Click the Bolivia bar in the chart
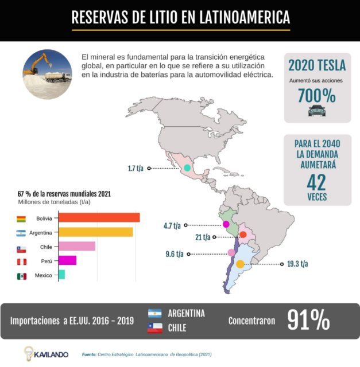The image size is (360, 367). [x=99, y=218]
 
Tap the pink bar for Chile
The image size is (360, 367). [x=77, y=247]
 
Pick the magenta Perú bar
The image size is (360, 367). [x=67, y=261]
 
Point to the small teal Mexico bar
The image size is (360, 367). [x=61, y=275]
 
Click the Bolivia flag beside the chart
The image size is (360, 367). [x=21, y=218]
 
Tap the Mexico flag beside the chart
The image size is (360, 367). [x=21, y=276]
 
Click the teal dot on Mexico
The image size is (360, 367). [x=187, y=167]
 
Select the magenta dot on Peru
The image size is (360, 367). [x=226, y=224]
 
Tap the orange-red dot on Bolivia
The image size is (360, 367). [x=243, y=235]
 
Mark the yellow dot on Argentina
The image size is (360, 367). [x=240, y=264]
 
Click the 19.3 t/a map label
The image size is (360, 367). [x=297, y=264]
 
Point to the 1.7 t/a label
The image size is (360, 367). [x=136, y=169]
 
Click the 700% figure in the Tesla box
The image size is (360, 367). [x=316, y=96]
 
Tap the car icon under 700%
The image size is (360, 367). [x=316, y=111]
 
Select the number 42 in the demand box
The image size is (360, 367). [x=317, y=182]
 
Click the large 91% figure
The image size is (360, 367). [x=308, y=320]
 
